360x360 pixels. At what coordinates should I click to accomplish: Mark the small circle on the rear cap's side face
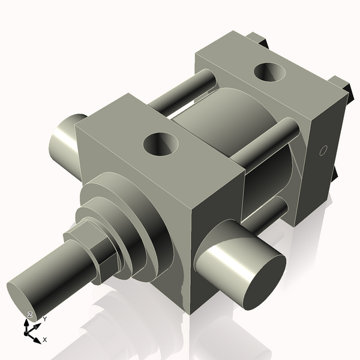pos(322,150)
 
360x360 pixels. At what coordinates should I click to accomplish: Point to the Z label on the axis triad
pos(30,315)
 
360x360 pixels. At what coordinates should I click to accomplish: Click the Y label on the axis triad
pos(44,320)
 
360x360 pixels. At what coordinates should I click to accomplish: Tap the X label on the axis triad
pos(45,340)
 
